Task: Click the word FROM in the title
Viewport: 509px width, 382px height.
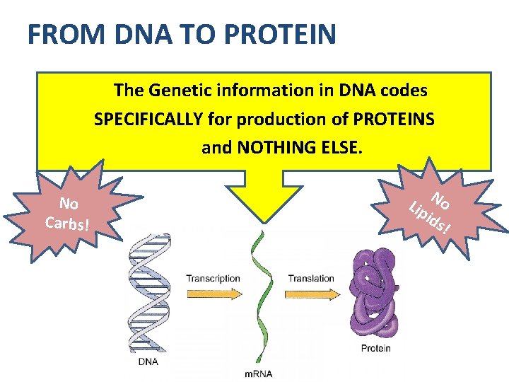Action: [x=59, y=35]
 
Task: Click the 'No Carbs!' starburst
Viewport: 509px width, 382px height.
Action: [x=68, y=214]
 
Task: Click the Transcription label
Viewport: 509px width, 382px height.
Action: [x=213, y=279]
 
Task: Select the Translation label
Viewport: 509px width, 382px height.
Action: [x=311, y=279]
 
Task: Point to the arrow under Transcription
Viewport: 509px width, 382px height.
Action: [x=213, y=291]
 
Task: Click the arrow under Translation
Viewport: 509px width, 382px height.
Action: [x=311, y=291]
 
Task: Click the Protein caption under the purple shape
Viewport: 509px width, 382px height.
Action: [x=376, y=348]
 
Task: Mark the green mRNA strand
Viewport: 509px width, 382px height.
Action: [x=259, y=297]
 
